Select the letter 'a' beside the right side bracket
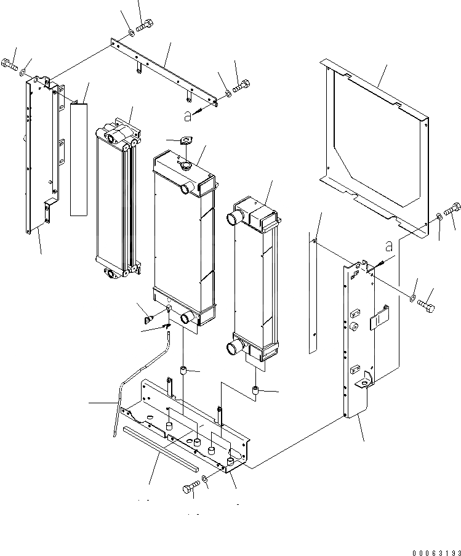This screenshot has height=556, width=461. click(388, 246)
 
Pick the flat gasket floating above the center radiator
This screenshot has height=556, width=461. click(183, 141)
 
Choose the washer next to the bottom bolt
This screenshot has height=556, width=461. click(204, 480)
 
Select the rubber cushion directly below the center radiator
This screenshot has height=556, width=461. click(183, 371)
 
